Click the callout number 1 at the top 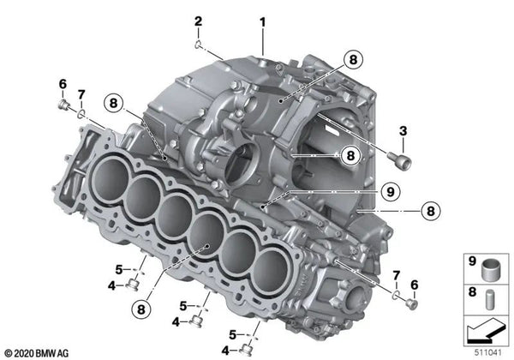(x=263, y=21)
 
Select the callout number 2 (x=198, y=21)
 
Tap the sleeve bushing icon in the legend (x=492, y=261)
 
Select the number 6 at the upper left (x=63, y=83)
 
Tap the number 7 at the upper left (x=81, y=93)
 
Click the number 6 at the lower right (x=414, y=285)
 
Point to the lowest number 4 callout (x=225, y=350)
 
